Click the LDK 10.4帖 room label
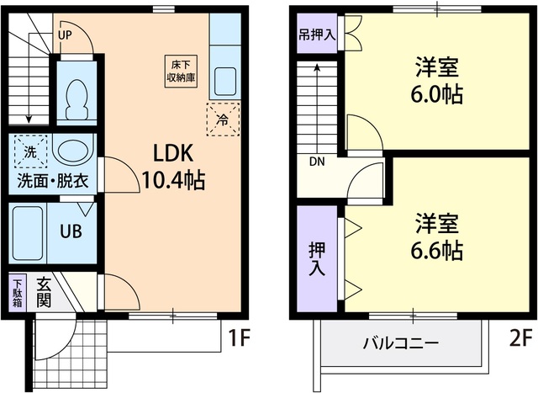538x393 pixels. tap(173, 166)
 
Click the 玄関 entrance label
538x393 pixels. tap(44, 295)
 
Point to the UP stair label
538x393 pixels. tap(66, 35)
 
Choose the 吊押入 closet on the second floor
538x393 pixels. tap(316, 37)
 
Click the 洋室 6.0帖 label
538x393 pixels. tap(436, 81)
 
